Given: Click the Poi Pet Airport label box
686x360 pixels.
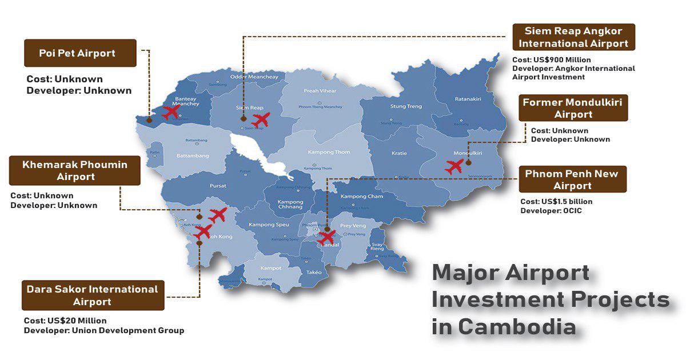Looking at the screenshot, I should pyautogui.click(x=80, y=53).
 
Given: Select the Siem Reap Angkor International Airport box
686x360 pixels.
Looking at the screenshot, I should pyautogui.click(x=573, y=37).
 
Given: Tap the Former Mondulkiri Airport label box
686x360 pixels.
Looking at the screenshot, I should pyautogui.click(x=573, y=108).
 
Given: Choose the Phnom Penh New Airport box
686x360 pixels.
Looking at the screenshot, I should pyautogui.click(x=572, y=179).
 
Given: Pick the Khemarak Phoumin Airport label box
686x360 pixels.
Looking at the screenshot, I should pyautogui.click(x=75, y=171).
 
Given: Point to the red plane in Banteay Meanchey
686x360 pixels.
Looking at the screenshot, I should pyautogui.click(x=170, y=112).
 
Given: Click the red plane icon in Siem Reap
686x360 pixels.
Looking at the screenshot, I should pyautogui.click(x=260, y=120).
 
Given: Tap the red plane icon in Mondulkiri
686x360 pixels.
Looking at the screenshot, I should pyautogui.click(x=454, y=167).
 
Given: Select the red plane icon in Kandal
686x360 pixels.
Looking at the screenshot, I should pyautogui.click(x=328, y=237).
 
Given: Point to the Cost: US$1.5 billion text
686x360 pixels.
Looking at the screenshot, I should pyautogui.click(x=556, y=202).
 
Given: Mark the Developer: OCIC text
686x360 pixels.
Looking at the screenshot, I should pyautogui.click(x=551, y=211).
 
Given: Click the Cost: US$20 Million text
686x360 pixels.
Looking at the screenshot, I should pyautogui.click(x=65, y=321).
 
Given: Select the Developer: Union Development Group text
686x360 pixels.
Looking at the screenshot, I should pyautogui.click(x=103, y=330).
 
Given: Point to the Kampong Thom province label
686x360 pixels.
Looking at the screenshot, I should pyautogui.click(x=329, y=152).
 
